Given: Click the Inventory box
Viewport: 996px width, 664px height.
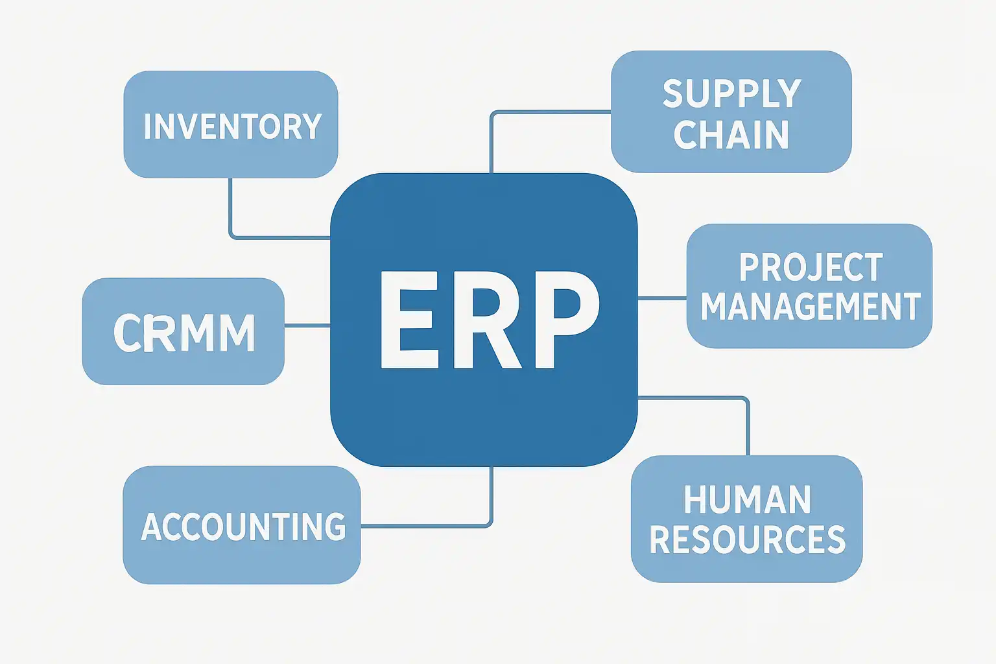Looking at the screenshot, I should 230,124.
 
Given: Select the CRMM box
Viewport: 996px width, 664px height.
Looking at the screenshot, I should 183,331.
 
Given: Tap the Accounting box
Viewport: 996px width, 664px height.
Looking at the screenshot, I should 241,525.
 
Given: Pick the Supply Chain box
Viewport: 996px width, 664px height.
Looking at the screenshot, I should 731,112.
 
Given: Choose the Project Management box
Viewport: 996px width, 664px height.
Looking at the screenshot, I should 809,286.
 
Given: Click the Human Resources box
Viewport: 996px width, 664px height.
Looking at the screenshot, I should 746,519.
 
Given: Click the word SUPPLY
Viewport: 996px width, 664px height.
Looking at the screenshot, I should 732,94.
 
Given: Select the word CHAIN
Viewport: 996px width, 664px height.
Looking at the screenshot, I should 731,135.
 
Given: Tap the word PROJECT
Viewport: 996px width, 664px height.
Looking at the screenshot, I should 811,267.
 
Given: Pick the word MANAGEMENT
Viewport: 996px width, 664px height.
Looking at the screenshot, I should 811,307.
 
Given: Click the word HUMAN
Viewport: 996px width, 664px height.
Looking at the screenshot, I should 747,500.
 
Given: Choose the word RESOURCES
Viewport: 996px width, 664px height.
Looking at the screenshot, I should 748,539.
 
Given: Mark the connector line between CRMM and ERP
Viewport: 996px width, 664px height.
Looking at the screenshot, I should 307,325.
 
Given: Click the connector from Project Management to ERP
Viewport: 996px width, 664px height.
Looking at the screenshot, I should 662,298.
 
